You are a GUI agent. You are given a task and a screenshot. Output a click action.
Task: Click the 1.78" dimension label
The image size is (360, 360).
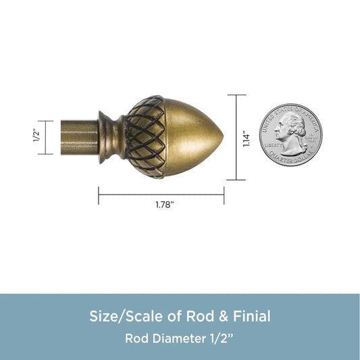tap(165, 205)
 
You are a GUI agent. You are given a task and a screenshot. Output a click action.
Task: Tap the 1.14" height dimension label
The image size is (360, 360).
tap(247, 138)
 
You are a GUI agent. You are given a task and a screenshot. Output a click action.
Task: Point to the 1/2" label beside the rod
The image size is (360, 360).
tap(36, 136)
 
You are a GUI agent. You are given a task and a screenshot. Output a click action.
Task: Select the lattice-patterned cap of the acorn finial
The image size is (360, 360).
tap(146, 137)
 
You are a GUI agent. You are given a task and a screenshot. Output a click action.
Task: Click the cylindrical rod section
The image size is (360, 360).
tap(80, 137)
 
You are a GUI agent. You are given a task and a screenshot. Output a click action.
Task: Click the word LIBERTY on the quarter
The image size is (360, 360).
tap(273, 145)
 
